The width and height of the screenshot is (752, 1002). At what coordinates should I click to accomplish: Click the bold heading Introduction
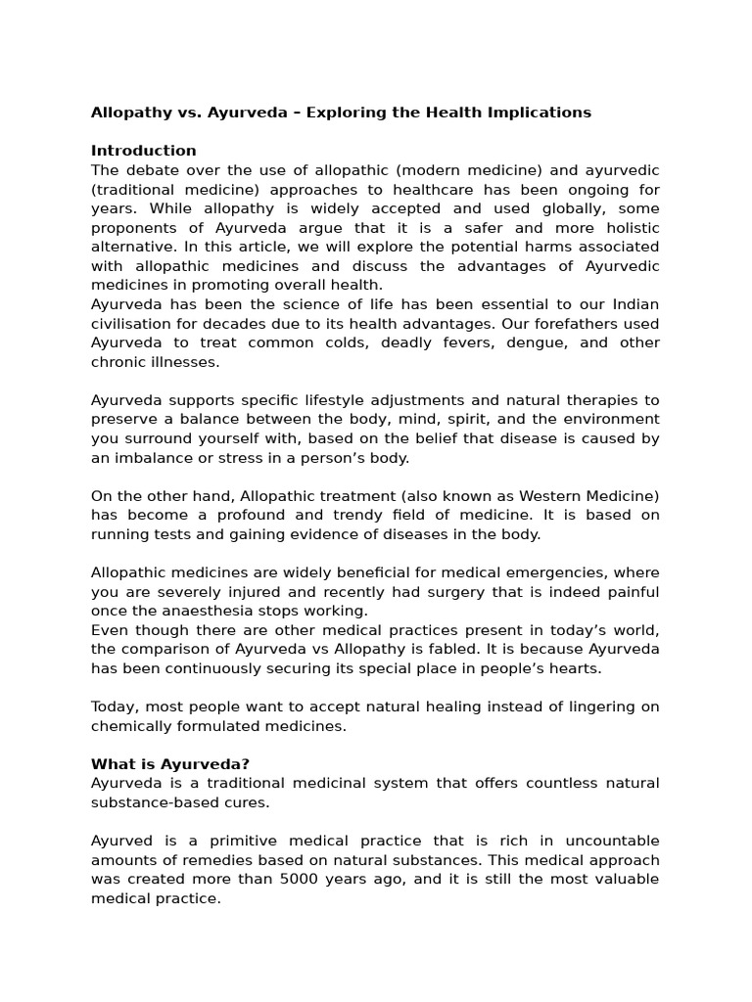click(x=143, y=151)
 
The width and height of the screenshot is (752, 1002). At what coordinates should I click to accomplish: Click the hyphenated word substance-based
click(x=156, y=802)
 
